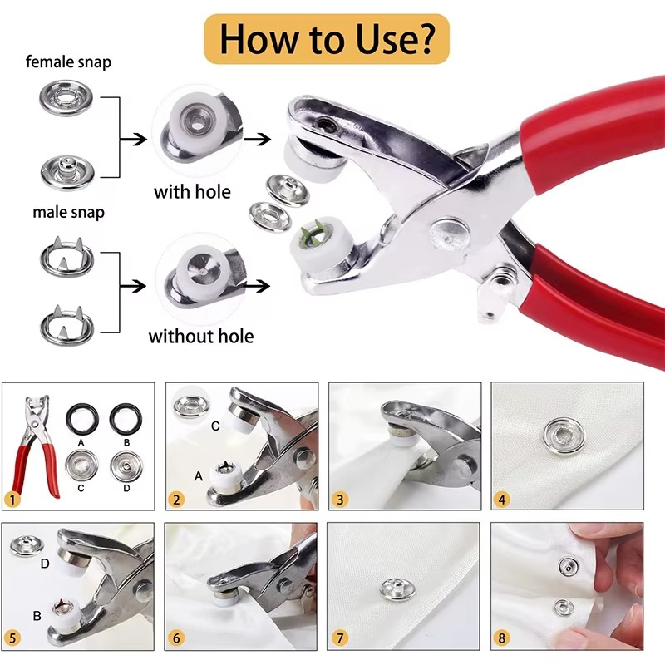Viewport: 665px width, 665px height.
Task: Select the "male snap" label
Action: (68, 212)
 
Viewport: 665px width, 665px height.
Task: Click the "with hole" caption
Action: (192, 192)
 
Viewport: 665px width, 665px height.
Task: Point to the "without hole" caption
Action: (200, 337)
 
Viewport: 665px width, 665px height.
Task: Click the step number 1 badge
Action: (12, 500)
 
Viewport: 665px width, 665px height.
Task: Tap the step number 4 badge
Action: (500, 500)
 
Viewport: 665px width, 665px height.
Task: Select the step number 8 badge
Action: (500, 639)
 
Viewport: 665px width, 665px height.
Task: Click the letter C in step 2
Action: (214, 426)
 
